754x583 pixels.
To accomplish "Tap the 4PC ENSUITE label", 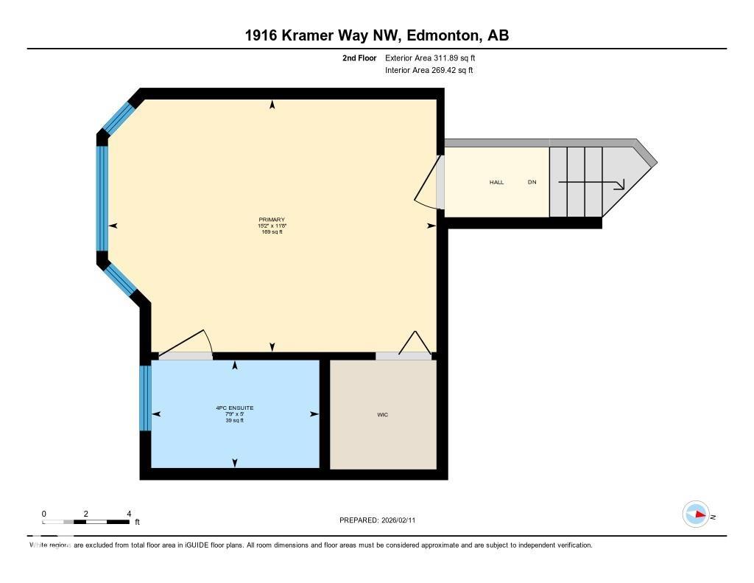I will point(234,408).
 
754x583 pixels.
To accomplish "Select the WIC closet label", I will point(382,415).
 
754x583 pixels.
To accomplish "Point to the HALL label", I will point(497,182).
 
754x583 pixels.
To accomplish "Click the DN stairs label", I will point(532,182).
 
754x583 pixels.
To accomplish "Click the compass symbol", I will point(696,514).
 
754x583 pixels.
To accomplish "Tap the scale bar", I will point(86,522).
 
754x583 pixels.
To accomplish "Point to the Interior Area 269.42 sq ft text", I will point(429,71).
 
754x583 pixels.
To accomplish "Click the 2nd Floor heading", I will point(359,57).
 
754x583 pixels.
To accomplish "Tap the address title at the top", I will point(377,35).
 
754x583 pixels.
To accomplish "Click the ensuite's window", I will point(145,398).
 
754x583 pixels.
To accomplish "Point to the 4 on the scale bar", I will point(129,514).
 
